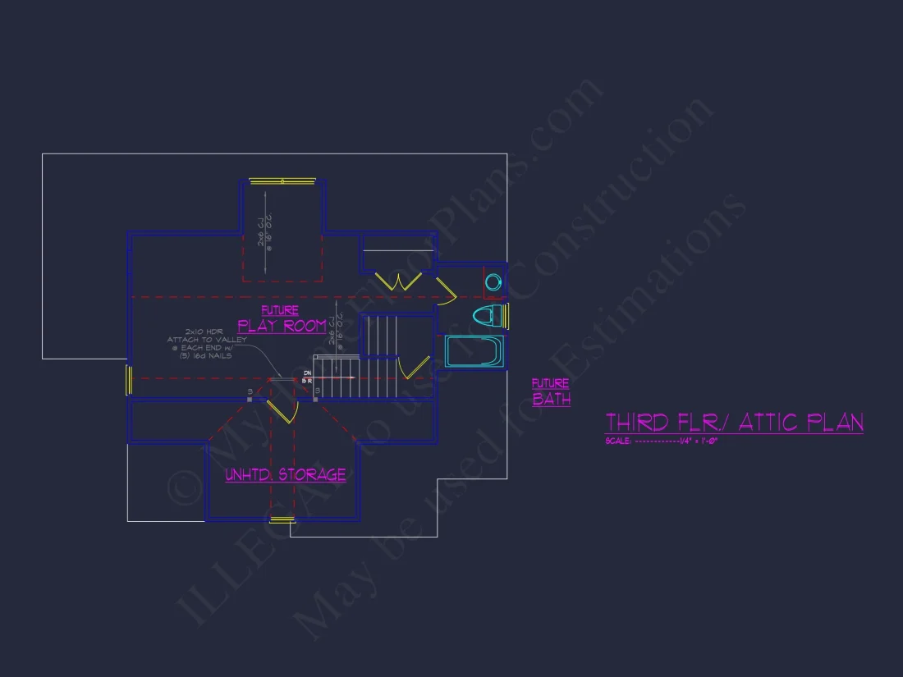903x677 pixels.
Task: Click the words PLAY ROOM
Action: click(282, 326)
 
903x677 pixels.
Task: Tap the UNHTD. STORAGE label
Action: click(286, 474)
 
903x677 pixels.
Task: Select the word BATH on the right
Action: click(551, 400)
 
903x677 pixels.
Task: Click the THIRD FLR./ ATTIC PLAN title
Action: click(734, 423)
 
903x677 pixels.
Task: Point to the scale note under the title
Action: click(662, 441)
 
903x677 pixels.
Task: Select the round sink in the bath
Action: click(493, 281)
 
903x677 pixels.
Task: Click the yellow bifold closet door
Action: click(398, 281)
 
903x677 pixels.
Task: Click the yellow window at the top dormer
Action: click(283, 181)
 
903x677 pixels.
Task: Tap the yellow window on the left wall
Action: click(129, 379)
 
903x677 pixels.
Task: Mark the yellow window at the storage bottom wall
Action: click(282, 519)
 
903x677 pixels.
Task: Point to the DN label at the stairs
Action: click(308, 373)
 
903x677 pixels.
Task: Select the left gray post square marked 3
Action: click(250, 400)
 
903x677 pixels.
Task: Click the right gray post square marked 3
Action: click(316, 400)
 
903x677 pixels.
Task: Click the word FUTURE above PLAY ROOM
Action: click(280, 310)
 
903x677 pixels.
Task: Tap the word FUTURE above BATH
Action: click(550, 383)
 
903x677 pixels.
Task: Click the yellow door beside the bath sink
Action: click(446, 290)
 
